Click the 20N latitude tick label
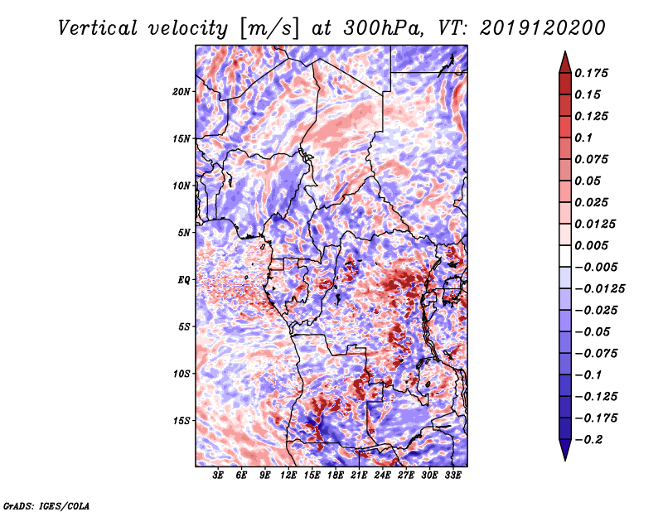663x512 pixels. pyautogui.click(x=181, y=92)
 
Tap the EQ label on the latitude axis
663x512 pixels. pyautogui.click(x=184, y=280)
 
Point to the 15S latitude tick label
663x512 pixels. pyautogui.click(x=181, y=421)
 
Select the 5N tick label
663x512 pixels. pyautogui.click(x=184, y=233)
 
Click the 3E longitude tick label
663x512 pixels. pyautogui.click(x=218, y=476)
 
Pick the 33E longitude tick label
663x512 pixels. pyautogui.click(x=452, y=476)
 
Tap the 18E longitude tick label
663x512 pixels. pyautogui.click(x=336, y=476)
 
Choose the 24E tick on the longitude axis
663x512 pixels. pyautogui.click(x=382, y=476)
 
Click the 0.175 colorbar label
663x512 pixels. pyautogui.click(x=591, y=73)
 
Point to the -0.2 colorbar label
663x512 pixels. pyautogui.click(x=588, y=440)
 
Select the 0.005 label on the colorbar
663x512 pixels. pyautogui.click(x=591, y=245)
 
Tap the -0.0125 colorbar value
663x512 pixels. pyautogui.click(x=599, y=289)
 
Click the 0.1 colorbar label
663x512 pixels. pyautogui.click(x=583, y=138)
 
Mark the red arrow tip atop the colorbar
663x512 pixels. pyautogui.click(x=565, y=51)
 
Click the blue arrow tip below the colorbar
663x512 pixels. pyautogui.click(x=565, y=460)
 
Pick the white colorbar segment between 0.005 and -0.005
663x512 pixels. pyautogui.click(x=565, y=256)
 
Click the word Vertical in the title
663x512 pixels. pyautogui.click(x=98, y=28)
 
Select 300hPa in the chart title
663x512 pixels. pyautogui.click(x=383, y=28)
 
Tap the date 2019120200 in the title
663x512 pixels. pyautogui.click(x=543, y=28)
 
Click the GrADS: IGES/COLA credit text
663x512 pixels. pyautogui.click(x=46, y=505)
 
